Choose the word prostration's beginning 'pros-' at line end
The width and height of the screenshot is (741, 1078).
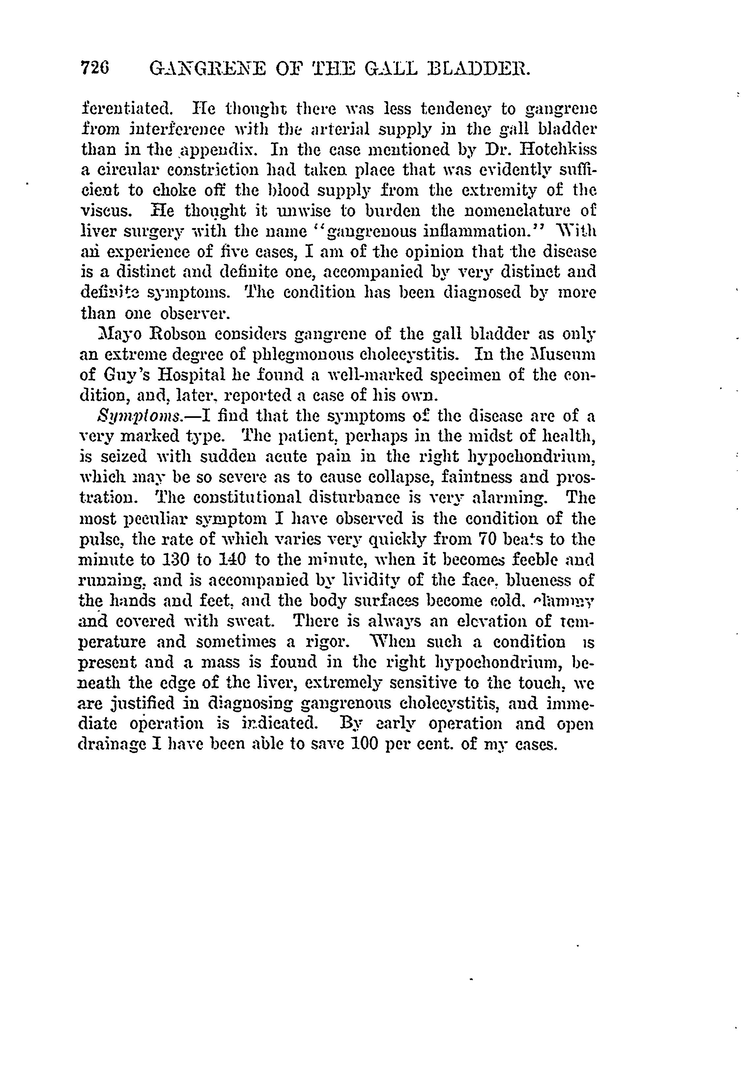575,478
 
